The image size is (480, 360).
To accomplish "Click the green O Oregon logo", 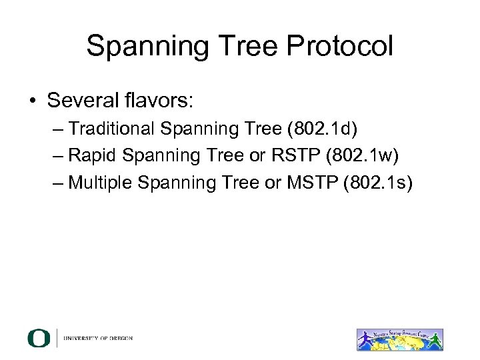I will [39, 338].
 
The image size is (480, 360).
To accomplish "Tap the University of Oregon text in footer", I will [98, 338].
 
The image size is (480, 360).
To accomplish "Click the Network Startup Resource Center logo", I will [399, 338].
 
